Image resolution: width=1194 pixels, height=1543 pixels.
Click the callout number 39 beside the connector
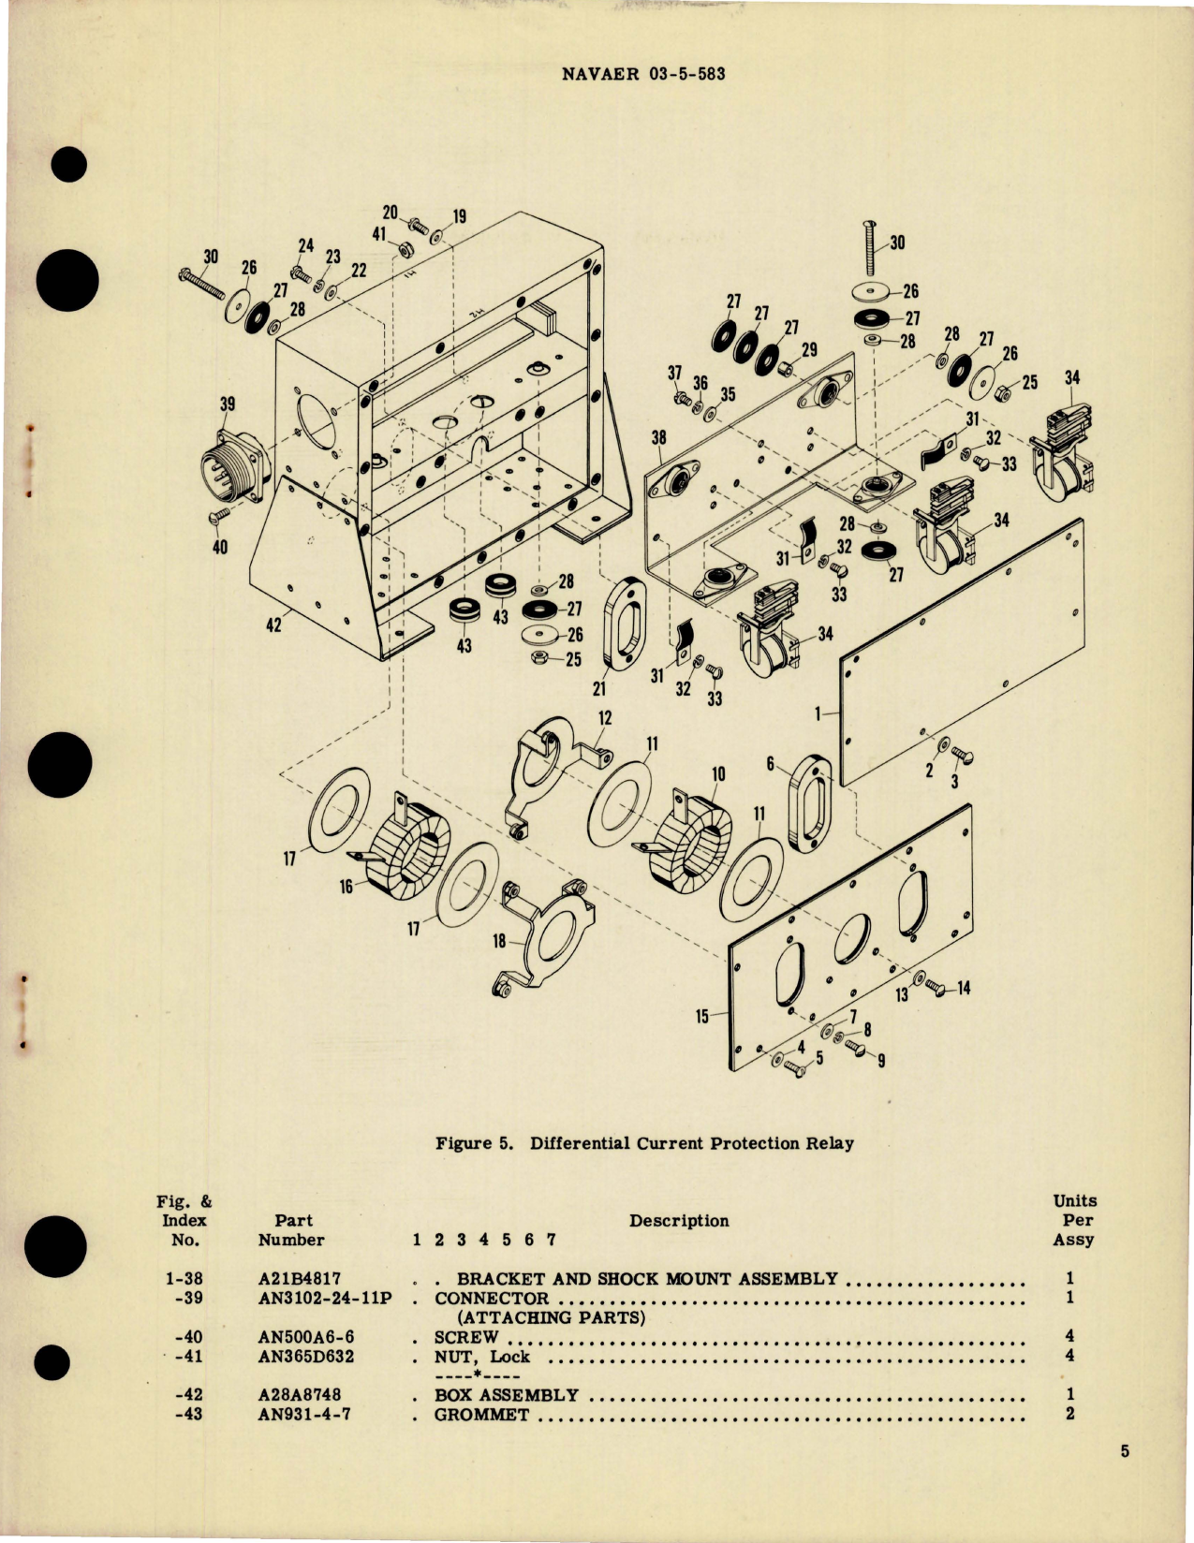(x=227, y=404)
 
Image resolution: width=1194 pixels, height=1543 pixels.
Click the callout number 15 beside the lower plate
(x=702, y=1016)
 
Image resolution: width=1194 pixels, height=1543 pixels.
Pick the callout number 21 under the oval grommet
(x=598, y=689)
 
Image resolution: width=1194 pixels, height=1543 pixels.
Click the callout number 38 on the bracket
(x=658, y=437)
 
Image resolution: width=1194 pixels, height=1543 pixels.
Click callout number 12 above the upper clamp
(x=605, y=717)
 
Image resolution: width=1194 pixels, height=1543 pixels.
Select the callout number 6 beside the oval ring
(x=770, y=765)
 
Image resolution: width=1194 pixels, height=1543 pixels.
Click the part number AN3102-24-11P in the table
(x=324, y=1298)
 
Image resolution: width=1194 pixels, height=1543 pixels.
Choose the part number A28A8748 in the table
(x=299, y=1394)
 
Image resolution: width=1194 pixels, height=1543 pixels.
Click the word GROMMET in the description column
(x=481, y=1414)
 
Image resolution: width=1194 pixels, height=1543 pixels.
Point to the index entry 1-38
(x=184, y=1278)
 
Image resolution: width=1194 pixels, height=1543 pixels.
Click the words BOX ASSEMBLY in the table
(x=506, y=1394)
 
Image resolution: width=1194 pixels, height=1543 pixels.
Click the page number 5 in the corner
(x=1125, y=1452)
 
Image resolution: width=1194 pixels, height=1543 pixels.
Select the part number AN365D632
(x=306, y=1356)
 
